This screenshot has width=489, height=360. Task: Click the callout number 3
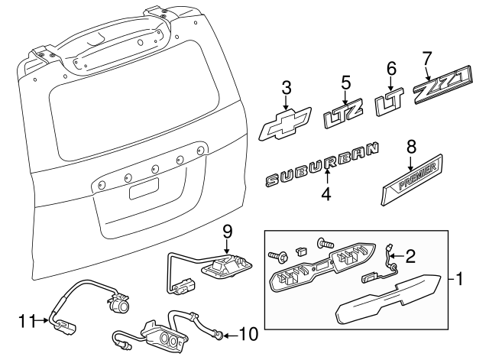(286, 87)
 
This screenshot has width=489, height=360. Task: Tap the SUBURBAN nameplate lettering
(321, 168)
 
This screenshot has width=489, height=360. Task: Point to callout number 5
(345, 80)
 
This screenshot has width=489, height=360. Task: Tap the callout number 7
(427, 58)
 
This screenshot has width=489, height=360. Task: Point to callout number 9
(226, 231)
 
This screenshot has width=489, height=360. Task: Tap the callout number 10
(248, 334)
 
